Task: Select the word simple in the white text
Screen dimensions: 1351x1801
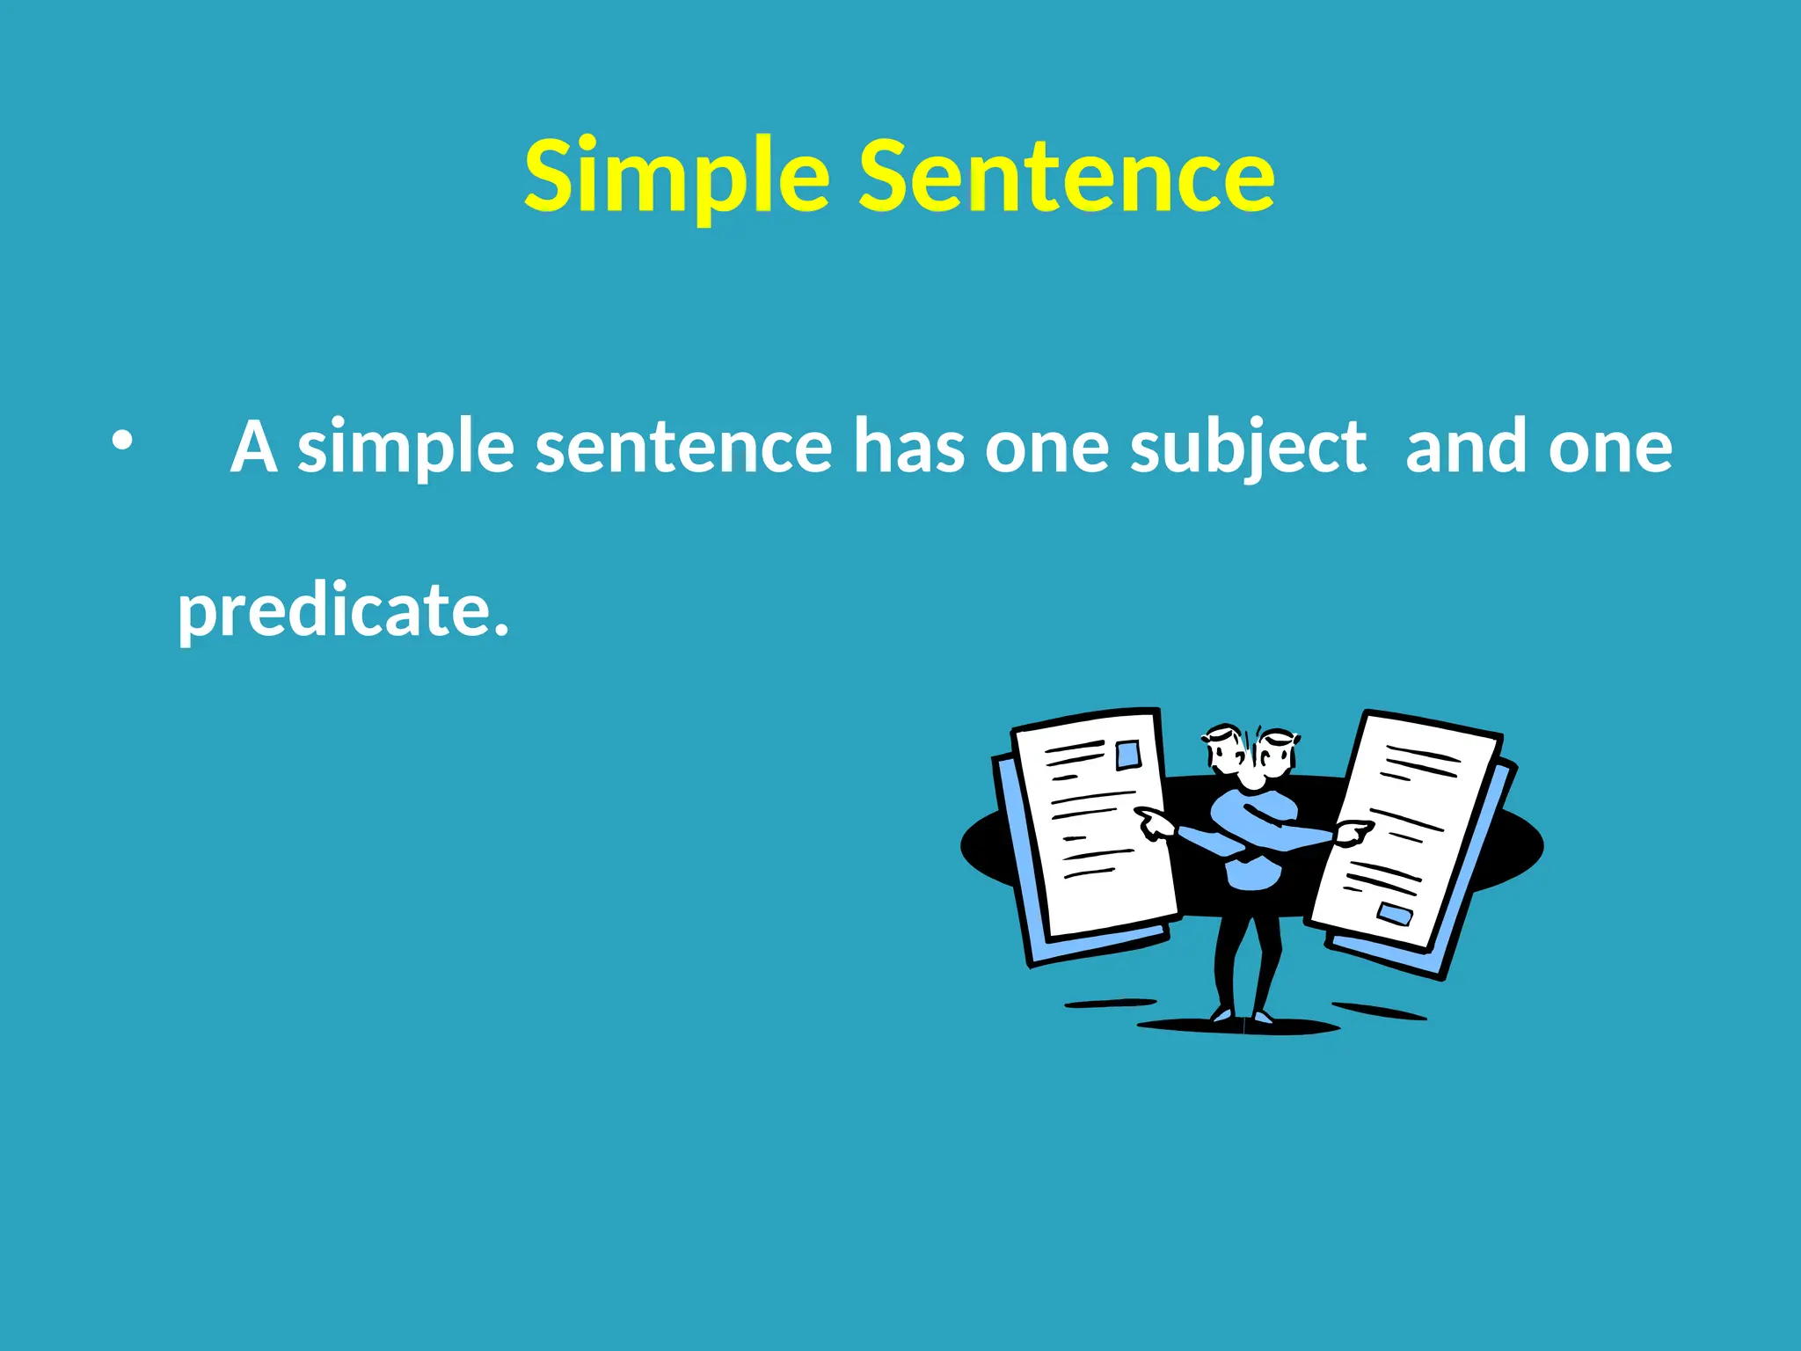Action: (405, 449)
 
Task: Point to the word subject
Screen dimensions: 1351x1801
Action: (1247, 449)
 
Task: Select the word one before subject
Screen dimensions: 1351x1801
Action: (1046, 449)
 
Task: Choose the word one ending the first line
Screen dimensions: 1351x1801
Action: (1610, 449)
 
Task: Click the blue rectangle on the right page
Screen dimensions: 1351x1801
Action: (1394, 914)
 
